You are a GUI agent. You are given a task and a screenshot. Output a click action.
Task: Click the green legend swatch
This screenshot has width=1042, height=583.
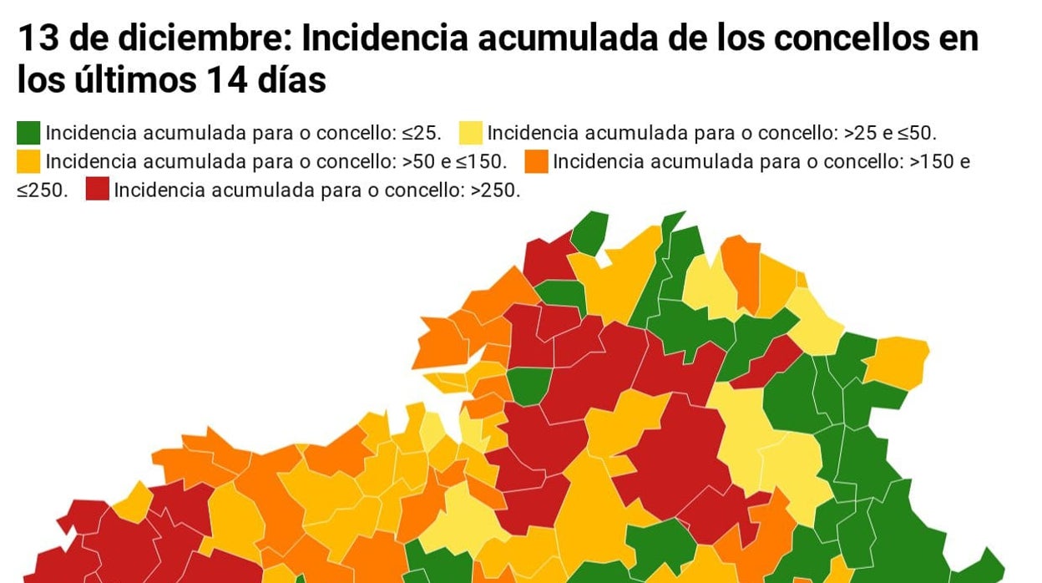tap(28, 133)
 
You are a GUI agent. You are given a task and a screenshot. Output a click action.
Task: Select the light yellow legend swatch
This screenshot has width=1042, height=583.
tap(470, 133)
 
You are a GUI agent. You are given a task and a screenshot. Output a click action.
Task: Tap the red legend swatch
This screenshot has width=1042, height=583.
tap(97, 189)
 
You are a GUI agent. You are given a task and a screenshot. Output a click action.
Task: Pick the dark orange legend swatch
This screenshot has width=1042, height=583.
tap(537, 161)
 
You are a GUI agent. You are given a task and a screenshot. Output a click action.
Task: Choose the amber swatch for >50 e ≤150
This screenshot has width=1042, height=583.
tap(28, 161)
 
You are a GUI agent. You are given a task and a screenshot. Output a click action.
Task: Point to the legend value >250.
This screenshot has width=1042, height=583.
tap(495, 190)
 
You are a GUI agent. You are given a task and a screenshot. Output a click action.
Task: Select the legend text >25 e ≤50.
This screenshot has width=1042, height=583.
tap(891, 134)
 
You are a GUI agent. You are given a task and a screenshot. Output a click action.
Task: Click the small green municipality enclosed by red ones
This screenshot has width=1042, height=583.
tap(528, 385)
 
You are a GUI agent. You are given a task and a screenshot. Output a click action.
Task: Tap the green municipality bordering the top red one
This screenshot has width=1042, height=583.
tap(589, 231)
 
